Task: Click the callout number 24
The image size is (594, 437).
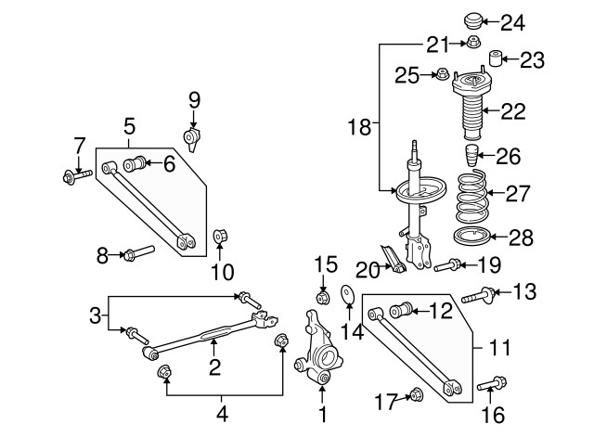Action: [538, 21]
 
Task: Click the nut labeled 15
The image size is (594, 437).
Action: [324, 297]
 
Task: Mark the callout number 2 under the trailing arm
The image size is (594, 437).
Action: [215, 368]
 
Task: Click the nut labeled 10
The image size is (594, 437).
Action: [222, 235]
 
